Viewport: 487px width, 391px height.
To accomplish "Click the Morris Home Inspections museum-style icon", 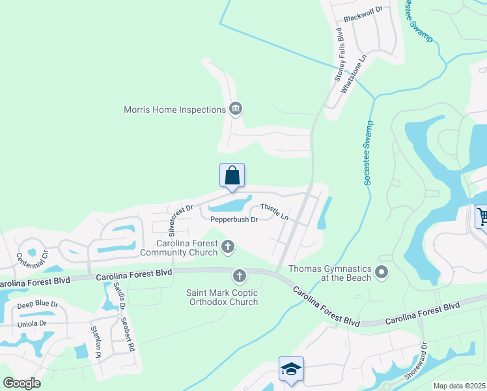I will (236, 109).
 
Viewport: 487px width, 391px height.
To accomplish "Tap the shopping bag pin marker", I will (232, 176).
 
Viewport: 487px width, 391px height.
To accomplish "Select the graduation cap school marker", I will (291, 369).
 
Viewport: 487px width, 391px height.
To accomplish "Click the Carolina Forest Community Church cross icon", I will (227, 246).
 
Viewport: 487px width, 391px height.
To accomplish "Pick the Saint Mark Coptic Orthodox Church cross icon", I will (240, 276).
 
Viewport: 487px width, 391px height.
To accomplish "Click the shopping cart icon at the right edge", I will (482, 217).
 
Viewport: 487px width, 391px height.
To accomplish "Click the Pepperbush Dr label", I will (234, 220).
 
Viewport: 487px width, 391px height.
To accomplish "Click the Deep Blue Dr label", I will (38, 304).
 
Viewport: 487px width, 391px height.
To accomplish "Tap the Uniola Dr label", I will (32, 323).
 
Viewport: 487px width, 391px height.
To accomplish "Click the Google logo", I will (21, 383).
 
